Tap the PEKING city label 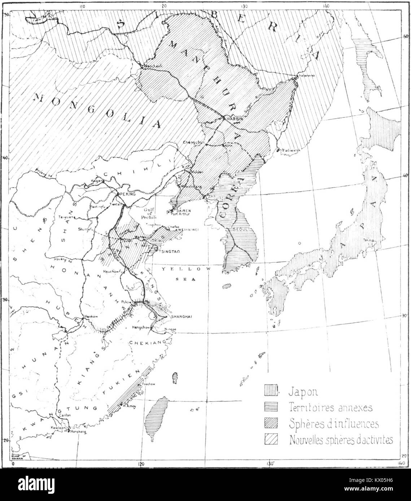(126, 194)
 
